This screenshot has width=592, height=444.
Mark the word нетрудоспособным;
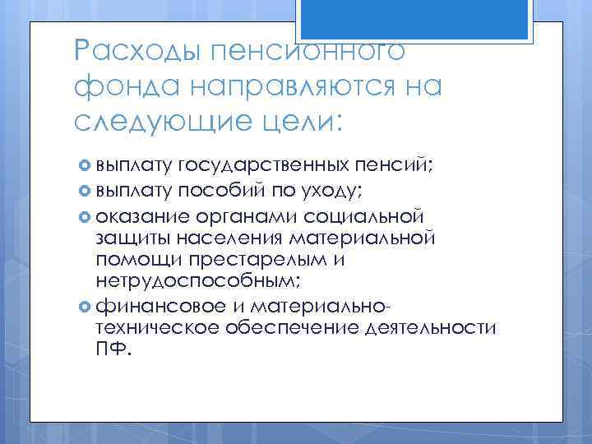click(197, 281)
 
